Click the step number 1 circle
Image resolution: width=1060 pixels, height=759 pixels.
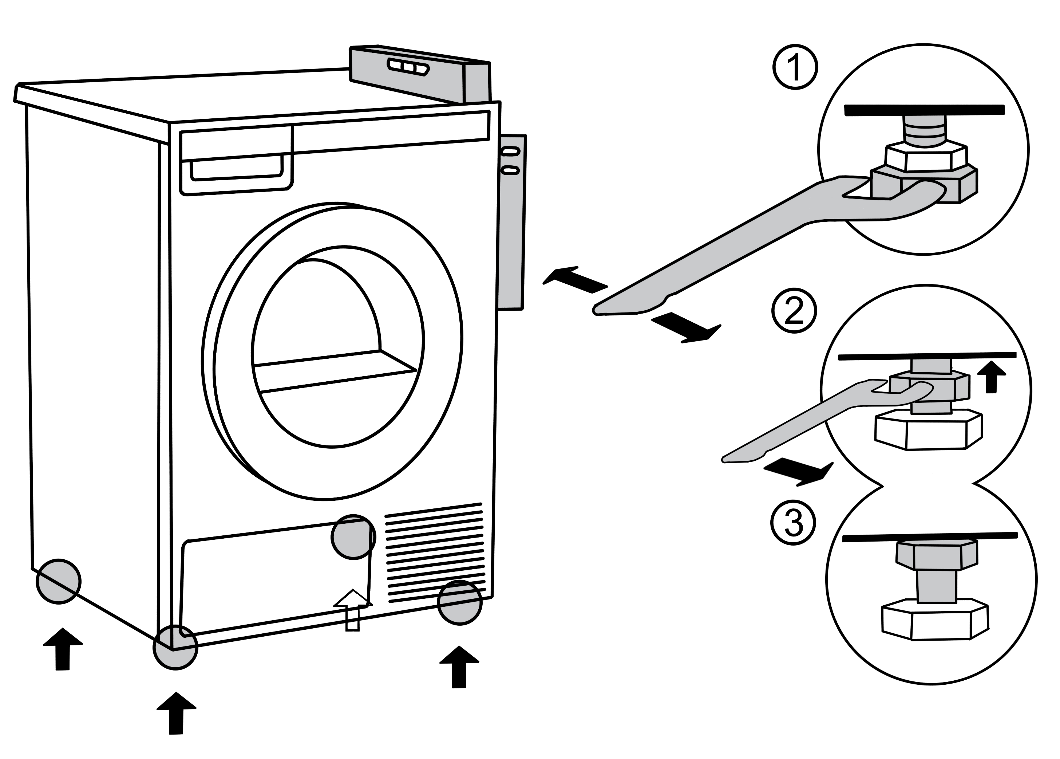tap(795, 67)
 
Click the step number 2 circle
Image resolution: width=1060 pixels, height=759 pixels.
tap(794, 311)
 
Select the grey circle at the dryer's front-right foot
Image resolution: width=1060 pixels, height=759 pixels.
tap(460, 602)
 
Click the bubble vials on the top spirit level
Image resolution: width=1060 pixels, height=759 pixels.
tap(407, 67)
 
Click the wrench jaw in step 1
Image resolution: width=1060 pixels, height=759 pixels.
tap(902, 196)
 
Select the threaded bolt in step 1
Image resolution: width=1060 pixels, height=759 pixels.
tap(925, 130)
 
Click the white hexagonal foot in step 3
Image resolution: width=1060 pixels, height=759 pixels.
tap(934, 622)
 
